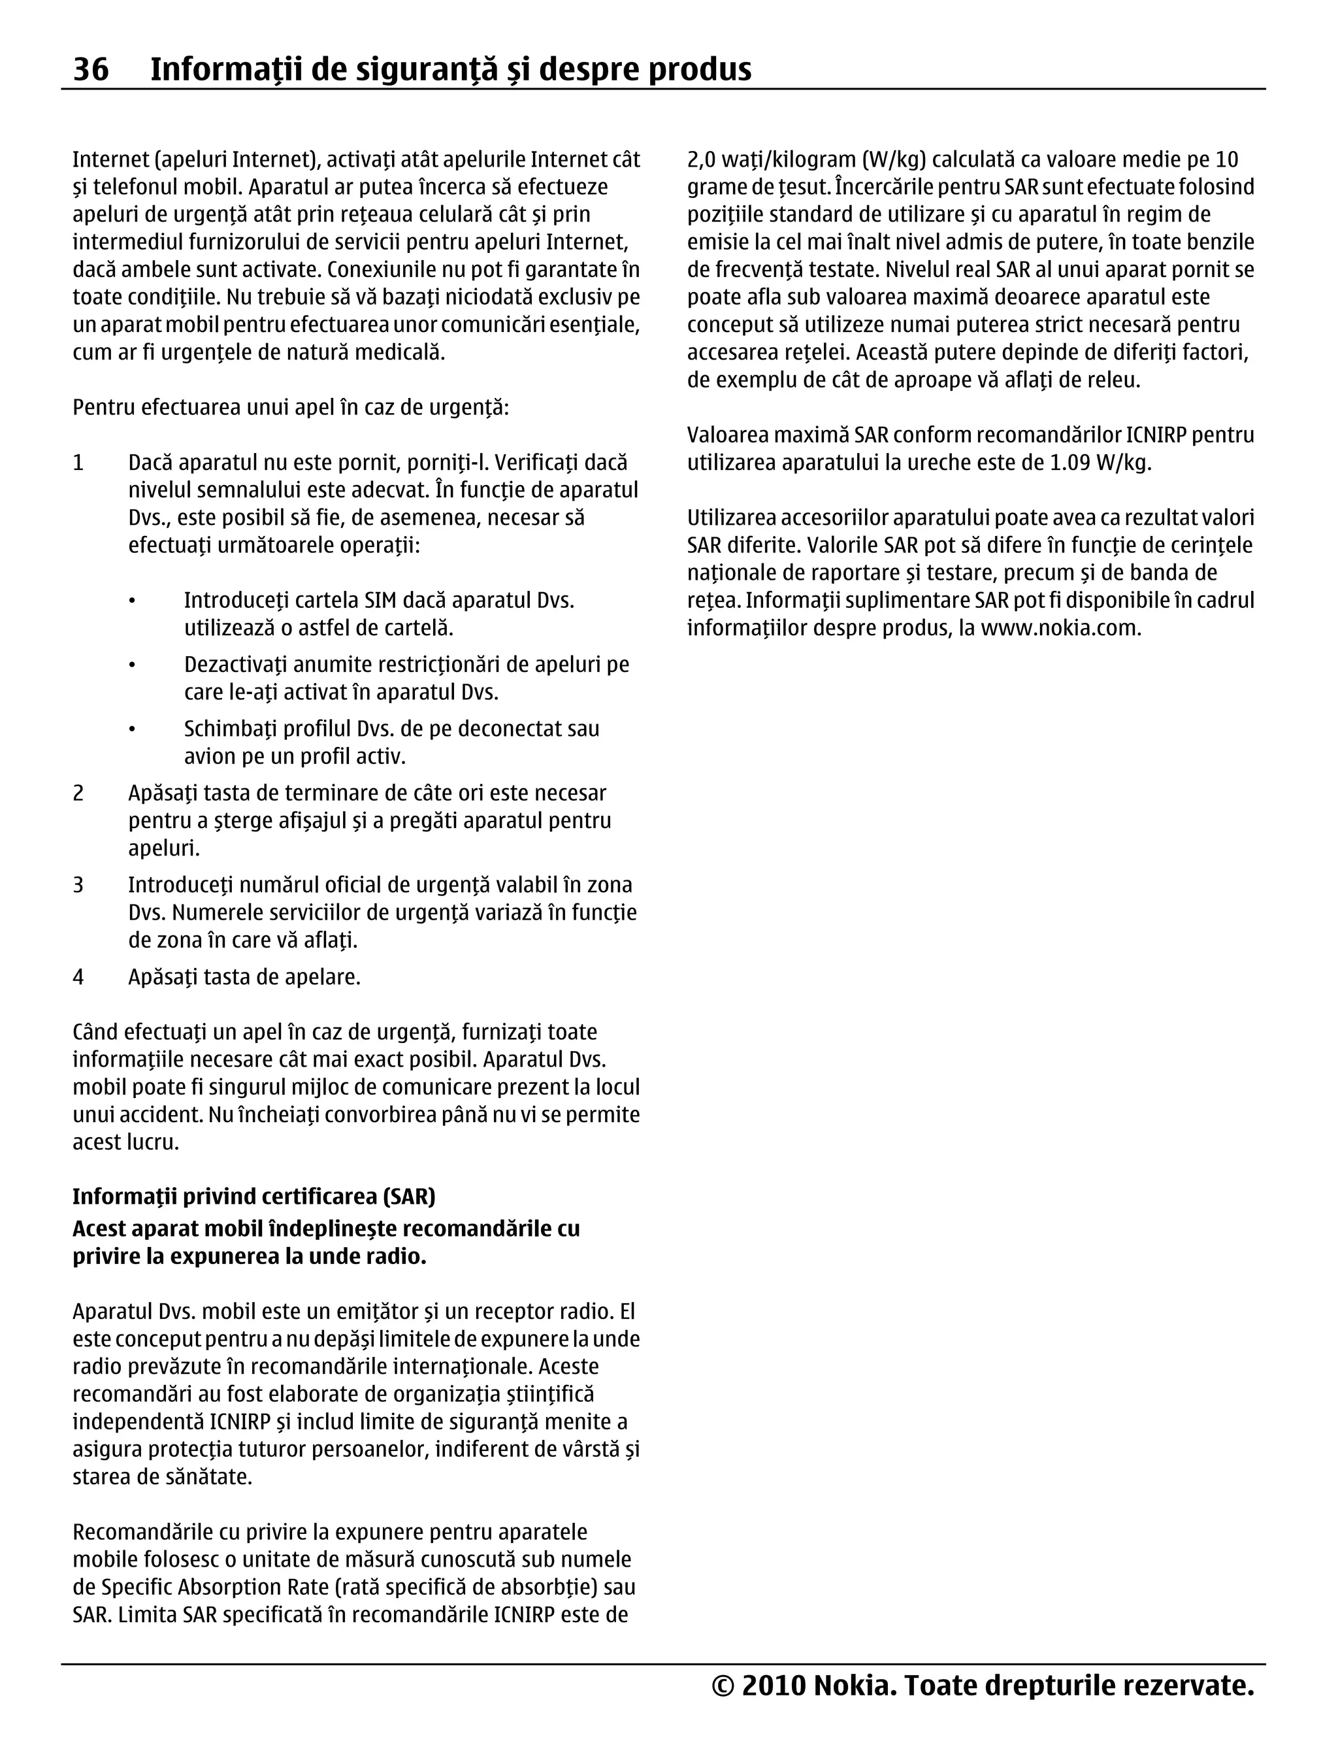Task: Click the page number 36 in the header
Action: pos(91,69)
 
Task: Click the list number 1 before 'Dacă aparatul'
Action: pos(78,463)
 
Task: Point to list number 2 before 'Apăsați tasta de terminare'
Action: pos(78,793)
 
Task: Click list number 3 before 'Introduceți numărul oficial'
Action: pos(78,885)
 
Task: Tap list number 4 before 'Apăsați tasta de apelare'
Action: pos(78,977)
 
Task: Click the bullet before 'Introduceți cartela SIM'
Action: pos(133,601)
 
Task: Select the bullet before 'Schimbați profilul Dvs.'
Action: pos(133,729)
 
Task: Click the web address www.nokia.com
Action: pos(1060,628)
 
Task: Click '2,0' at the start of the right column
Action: pos(701,159)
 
